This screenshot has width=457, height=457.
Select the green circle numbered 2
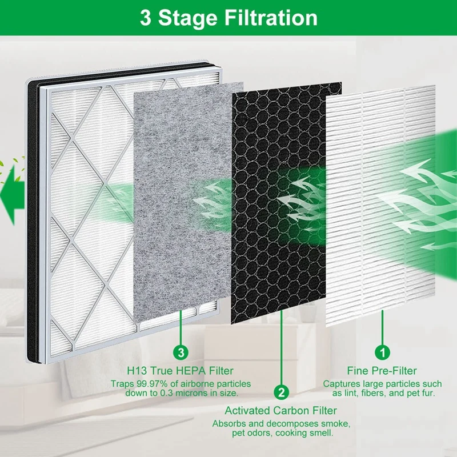click(x=280, y=392)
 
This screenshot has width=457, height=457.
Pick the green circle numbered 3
click(x=181, y=350)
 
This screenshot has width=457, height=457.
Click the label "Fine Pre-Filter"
click(x=382, y=371)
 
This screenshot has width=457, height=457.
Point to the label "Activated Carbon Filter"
click(x=280, y=411)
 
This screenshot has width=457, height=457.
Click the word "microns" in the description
click(x=192, y=394)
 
